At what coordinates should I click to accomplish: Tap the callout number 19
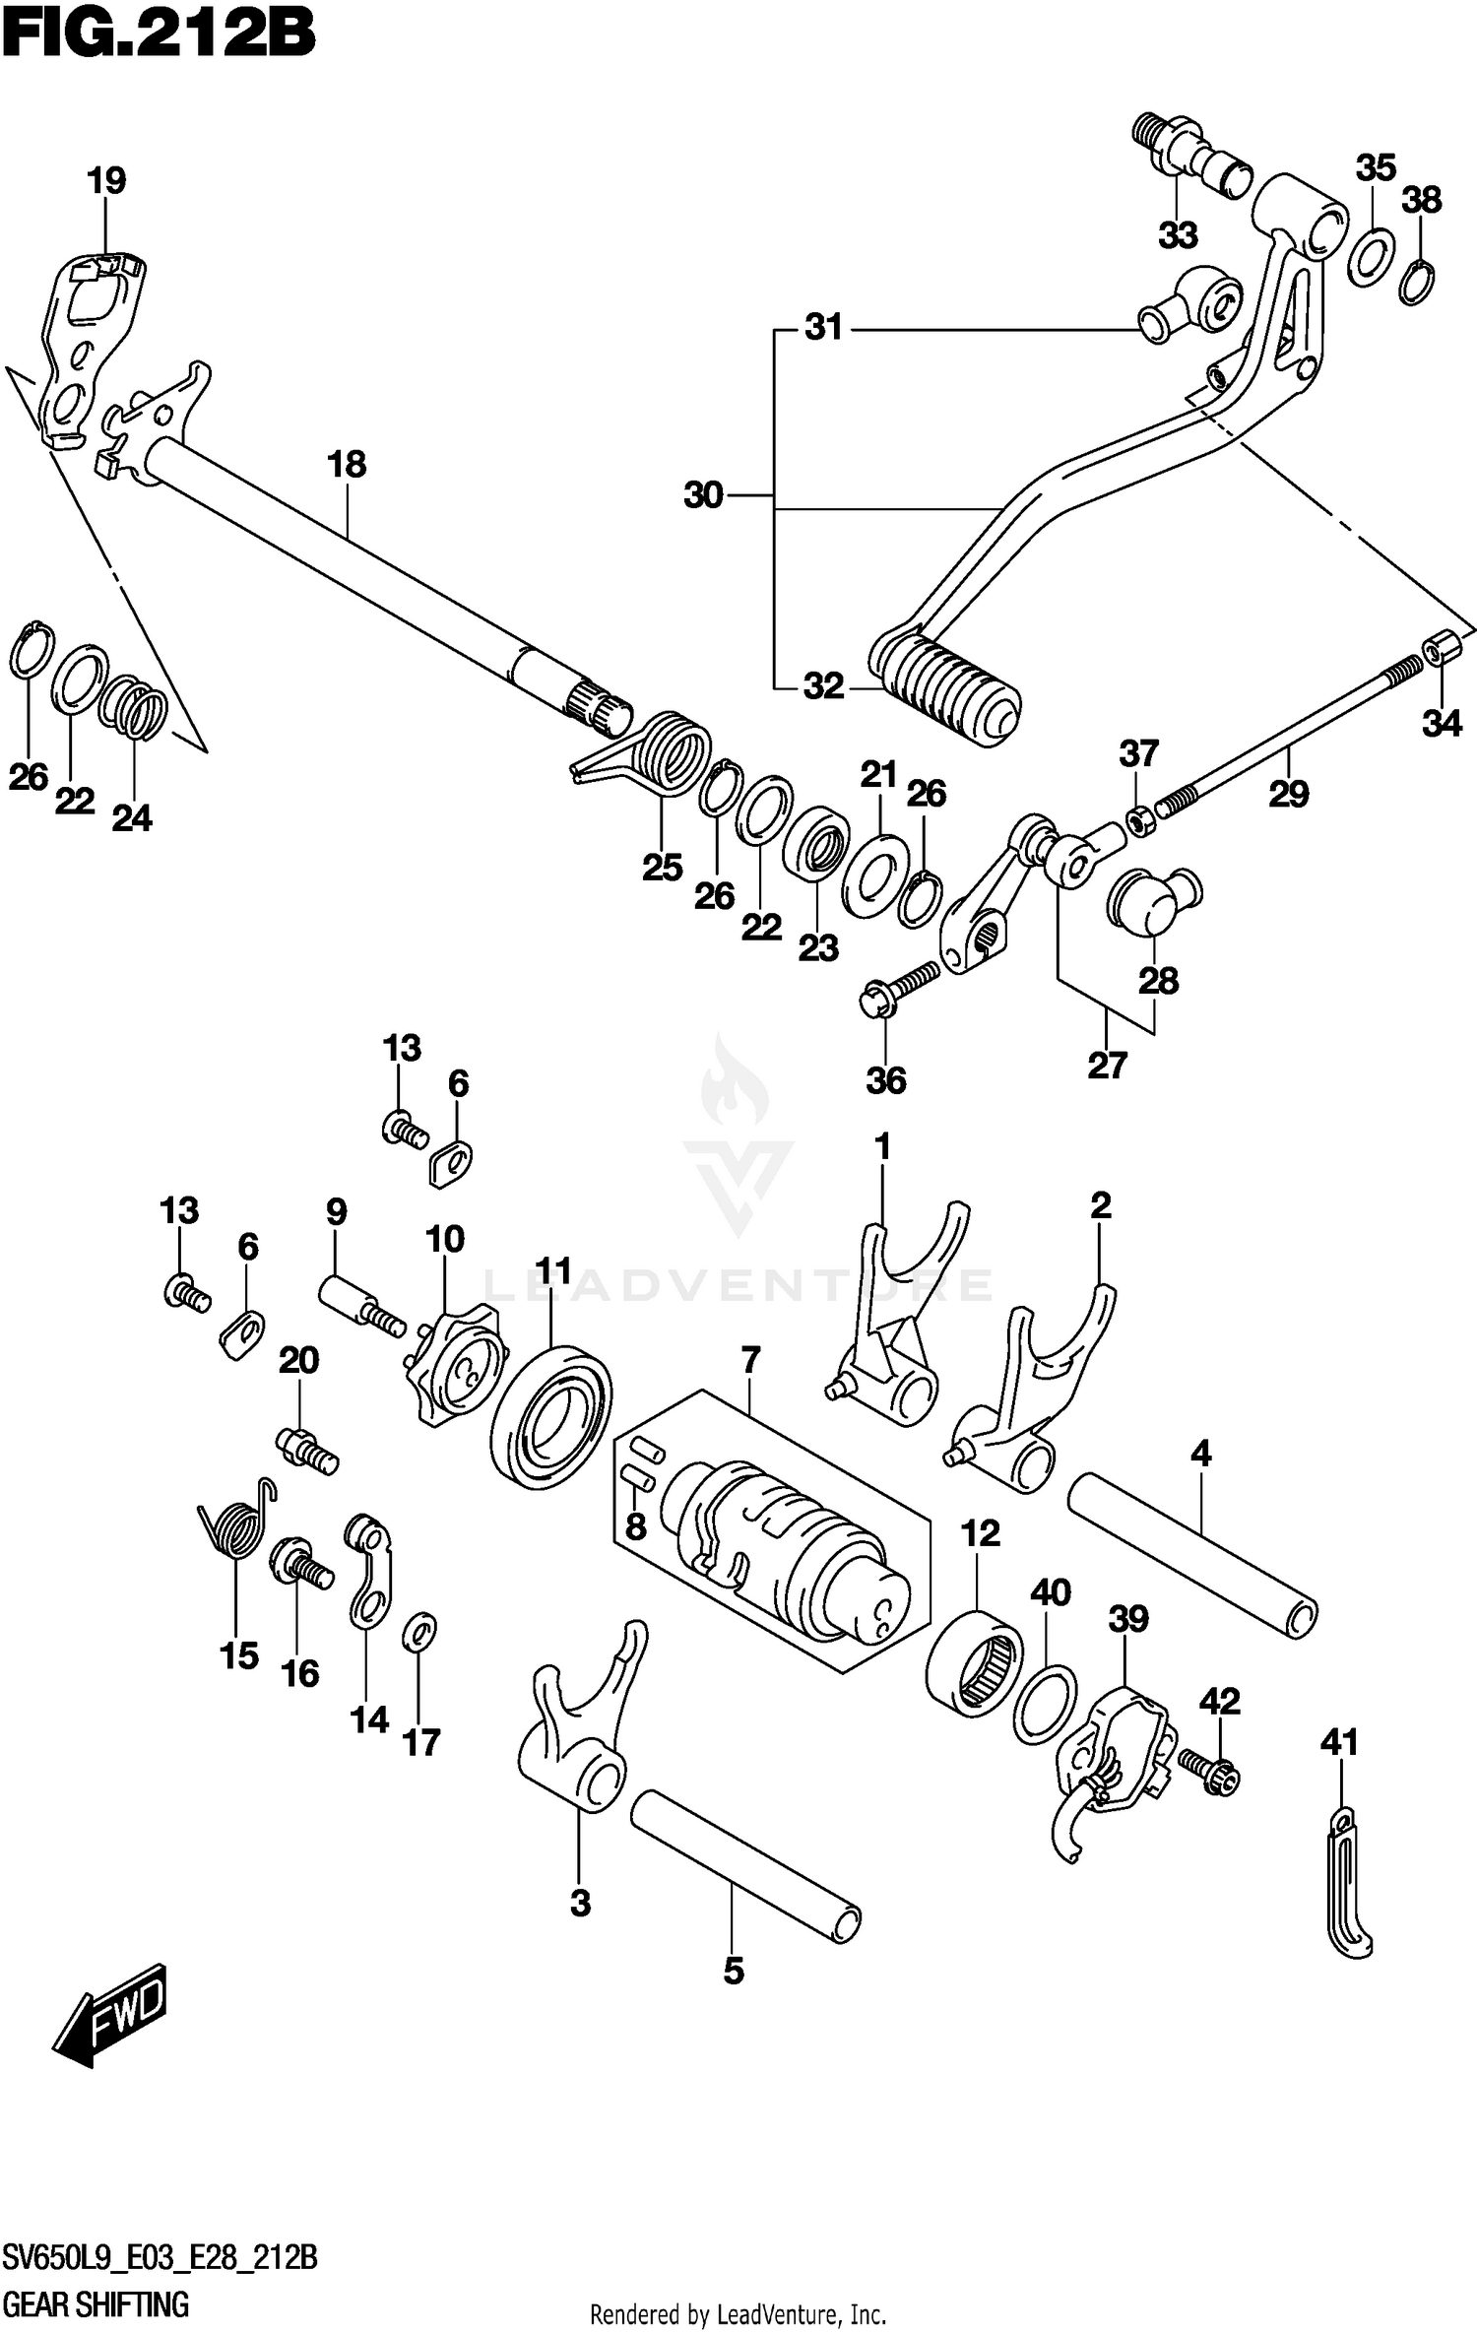[105, 181]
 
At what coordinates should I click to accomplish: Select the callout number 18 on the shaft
[347, 464]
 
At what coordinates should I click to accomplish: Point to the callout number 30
[704, 495]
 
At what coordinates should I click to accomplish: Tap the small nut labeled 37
[1139, 818]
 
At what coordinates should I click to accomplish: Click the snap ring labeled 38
[1417, 284]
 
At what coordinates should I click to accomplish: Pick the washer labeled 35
[1370, 257]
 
